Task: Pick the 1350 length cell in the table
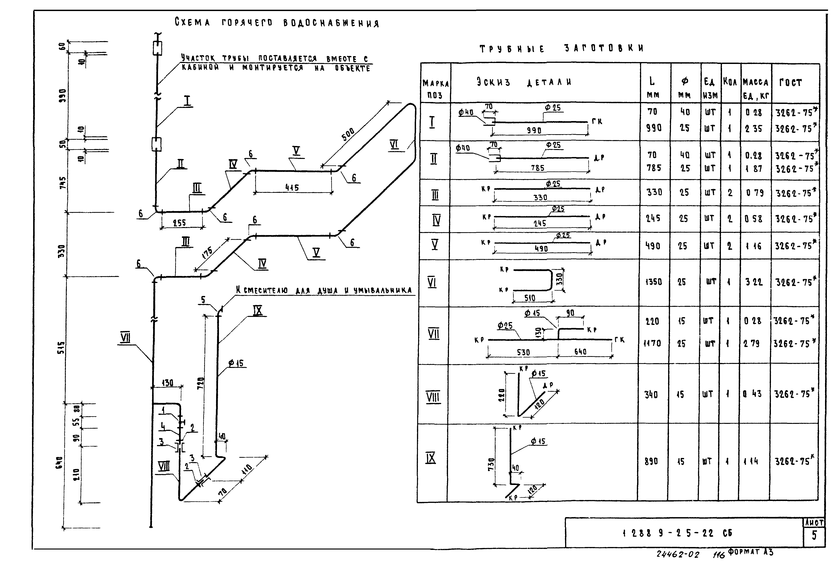[653, 282]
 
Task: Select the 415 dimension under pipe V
[292, 187]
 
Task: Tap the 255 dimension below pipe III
[179, 223]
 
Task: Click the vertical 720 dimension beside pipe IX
[201, 383]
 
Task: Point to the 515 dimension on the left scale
[62, 348]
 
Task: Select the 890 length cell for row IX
[651, 461]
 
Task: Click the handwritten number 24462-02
[677, 554]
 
